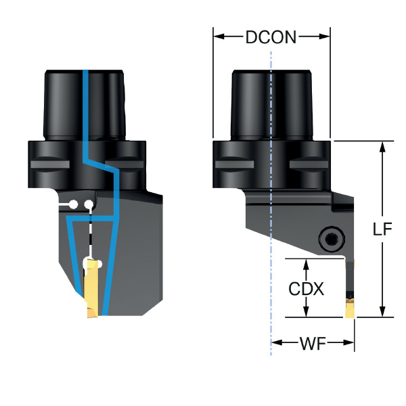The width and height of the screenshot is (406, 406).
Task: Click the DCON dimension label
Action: point(271,37)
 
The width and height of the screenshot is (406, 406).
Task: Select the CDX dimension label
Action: point(306,289)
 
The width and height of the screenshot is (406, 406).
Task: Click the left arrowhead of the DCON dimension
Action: point(218,37)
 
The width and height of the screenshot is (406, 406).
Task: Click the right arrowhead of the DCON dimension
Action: point(325,37)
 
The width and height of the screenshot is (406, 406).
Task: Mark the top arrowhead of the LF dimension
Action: point(383,145)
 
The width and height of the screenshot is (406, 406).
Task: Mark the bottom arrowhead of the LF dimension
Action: point(383,312)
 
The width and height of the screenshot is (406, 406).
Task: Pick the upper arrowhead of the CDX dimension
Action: point(306,263)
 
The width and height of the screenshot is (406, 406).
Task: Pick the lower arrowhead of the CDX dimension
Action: point(306,312)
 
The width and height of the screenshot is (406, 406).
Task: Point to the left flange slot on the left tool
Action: point(49,164)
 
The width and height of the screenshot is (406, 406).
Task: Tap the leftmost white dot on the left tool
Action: point(75,204)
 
